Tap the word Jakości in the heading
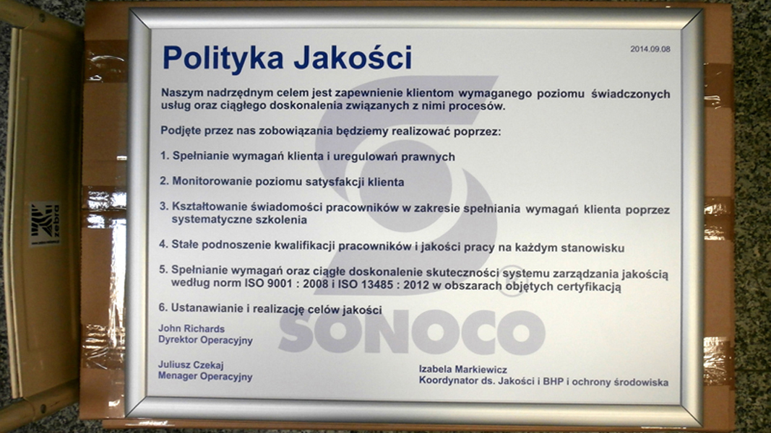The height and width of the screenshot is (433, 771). pos(353,57)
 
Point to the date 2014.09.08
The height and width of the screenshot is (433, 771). pos(650,49)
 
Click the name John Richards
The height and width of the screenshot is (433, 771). pos(191,329)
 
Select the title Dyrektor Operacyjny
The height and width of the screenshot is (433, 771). pos(205,340)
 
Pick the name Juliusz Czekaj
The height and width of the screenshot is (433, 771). pos(191,364)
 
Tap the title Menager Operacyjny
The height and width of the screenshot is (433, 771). pos(205,377)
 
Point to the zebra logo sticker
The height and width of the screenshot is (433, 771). pos(45,224)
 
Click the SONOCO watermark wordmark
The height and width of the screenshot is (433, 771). pos(412,333)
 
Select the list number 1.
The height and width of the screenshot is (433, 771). pos(164,156)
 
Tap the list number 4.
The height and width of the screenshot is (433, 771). pos(163,244)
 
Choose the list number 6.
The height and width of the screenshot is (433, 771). pos(163,308)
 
